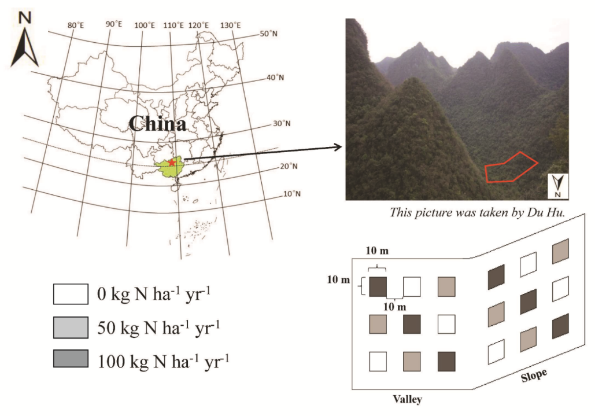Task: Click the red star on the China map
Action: pyautogui.click(x=171, y=163)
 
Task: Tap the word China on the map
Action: pyautogui.click(x=157, y=124)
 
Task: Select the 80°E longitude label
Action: pyautogui.click(x=76, y=25)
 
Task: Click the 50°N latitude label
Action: pyautogui.click(x=268, y=34)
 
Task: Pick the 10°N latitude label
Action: pyautogui.click(x=292, y=194)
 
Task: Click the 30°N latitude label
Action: pyautogui.click(x=282, y=124)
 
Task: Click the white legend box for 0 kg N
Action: pyautogui.click(x=71, y=294)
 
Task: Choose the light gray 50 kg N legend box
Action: pyautogui.click(x=71, y=327)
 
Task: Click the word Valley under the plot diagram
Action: pyautogui.click(x=408, y=399)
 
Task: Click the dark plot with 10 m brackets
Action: pyautogui.click(x=378, y=286)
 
